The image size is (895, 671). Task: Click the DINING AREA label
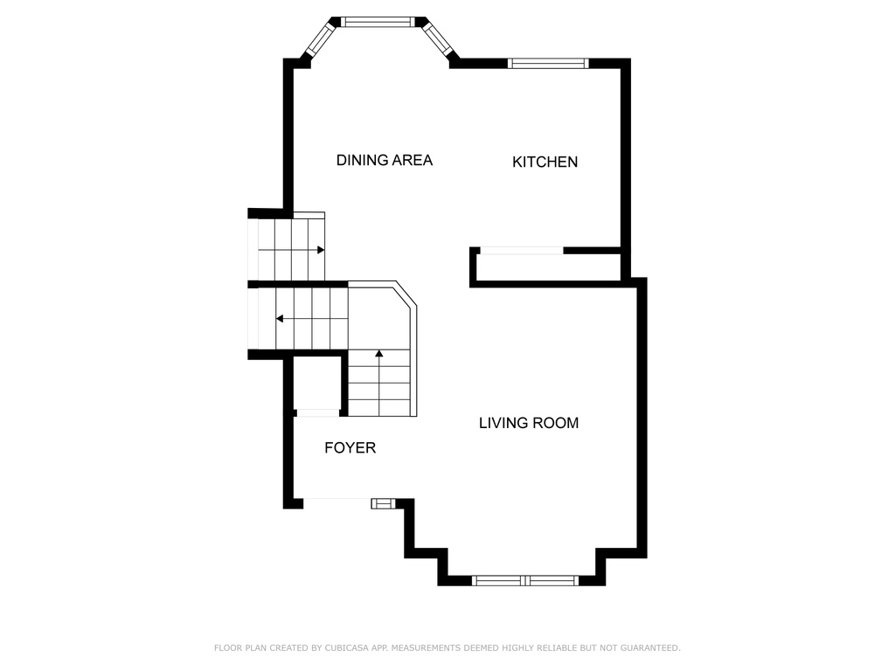(385, 161)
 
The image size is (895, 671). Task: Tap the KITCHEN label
(545, 162)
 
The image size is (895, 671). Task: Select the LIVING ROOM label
(529, 423)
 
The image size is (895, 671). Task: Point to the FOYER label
(350, 448)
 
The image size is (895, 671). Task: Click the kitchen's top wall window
(548, 63)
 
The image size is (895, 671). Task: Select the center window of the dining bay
(378, 22)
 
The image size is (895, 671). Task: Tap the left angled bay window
(319, 39)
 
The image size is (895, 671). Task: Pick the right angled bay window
(437, 38)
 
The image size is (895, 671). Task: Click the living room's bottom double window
(525, 581)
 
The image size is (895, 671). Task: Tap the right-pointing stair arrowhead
(321, 250)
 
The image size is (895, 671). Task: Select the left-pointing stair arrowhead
(280, 318)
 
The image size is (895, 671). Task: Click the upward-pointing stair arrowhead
(379, 353)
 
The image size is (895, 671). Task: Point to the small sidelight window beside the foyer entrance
(383, 503)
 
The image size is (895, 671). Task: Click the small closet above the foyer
(316, 384)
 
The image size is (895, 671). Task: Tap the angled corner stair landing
(380, 316)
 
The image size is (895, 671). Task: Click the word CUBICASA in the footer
(346, 647)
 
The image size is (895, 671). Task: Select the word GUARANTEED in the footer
(650, 647)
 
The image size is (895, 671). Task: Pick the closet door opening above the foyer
(317, 413)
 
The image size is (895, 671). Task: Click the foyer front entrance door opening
(336, 501)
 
